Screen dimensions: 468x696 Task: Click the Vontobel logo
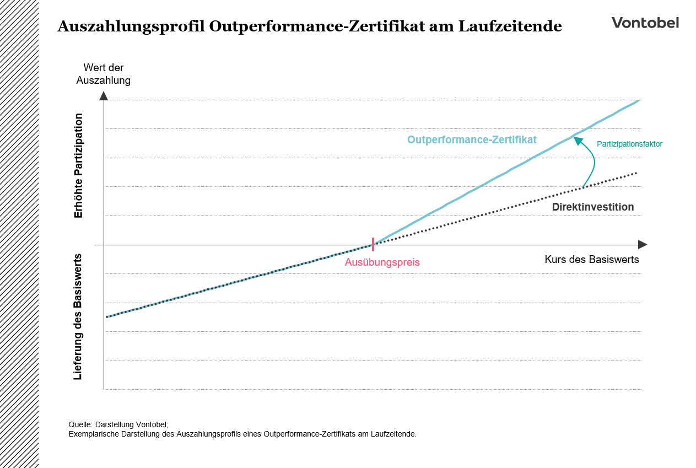click(645, 23)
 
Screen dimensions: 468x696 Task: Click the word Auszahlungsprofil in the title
click(131, 26)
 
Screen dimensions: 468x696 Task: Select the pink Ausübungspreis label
click(382, 262)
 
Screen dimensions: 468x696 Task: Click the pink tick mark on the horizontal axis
click(373, 244)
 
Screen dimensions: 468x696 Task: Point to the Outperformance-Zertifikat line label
click(472, 140)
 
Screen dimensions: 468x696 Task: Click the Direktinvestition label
click(592, 207)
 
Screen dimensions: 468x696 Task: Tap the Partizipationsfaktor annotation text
click(629, 144)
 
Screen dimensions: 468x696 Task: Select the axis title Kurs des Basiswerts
click(591, 260)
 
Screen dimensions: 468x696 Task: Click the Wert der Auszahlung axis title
click(104, 74)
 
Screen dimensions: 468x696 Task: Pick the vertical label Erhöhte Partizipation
click(78, 165)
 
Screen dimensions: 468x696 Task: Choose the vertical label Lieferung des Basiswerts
click(78, 316)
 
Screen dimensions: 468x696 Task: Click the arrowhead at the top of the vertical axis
click(104, 95)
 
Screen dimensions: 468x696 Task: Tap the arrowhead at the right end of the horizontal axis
click(643, 244)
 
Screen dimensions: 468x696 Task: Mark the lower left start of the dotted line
click(107, 316)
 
